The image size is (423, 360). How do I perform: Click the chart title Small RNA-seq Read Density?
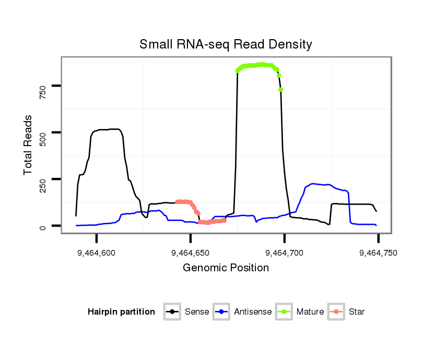point(226,44)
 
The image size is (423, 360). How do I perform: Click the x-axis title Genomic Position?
point(226,268)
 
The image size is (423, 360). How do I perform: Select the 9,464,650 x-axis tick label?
point(191,253)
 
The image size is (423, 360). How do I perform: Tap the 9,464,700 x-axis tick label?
point(285,253)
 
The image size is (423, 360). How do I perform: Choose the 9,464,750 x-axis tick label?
point(378,253)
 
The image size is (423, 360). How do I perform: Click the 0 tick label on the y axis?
point(43,226)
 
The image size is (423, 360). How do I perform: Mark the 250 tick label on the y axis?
point(43,179)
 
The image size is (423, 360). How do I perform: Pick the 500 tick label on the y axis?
point(43,133)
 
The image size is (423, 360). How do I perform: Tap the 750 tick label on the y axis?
point(43,86)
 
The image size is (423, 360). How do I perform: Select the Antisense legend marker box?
point(221,312)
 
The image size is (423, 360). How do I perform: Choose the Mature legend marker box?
point(285,312)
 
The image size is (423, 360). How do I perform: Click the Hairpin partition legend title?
point(121,312)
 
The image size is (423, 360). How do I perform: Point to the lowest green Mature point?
point(281,90)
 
